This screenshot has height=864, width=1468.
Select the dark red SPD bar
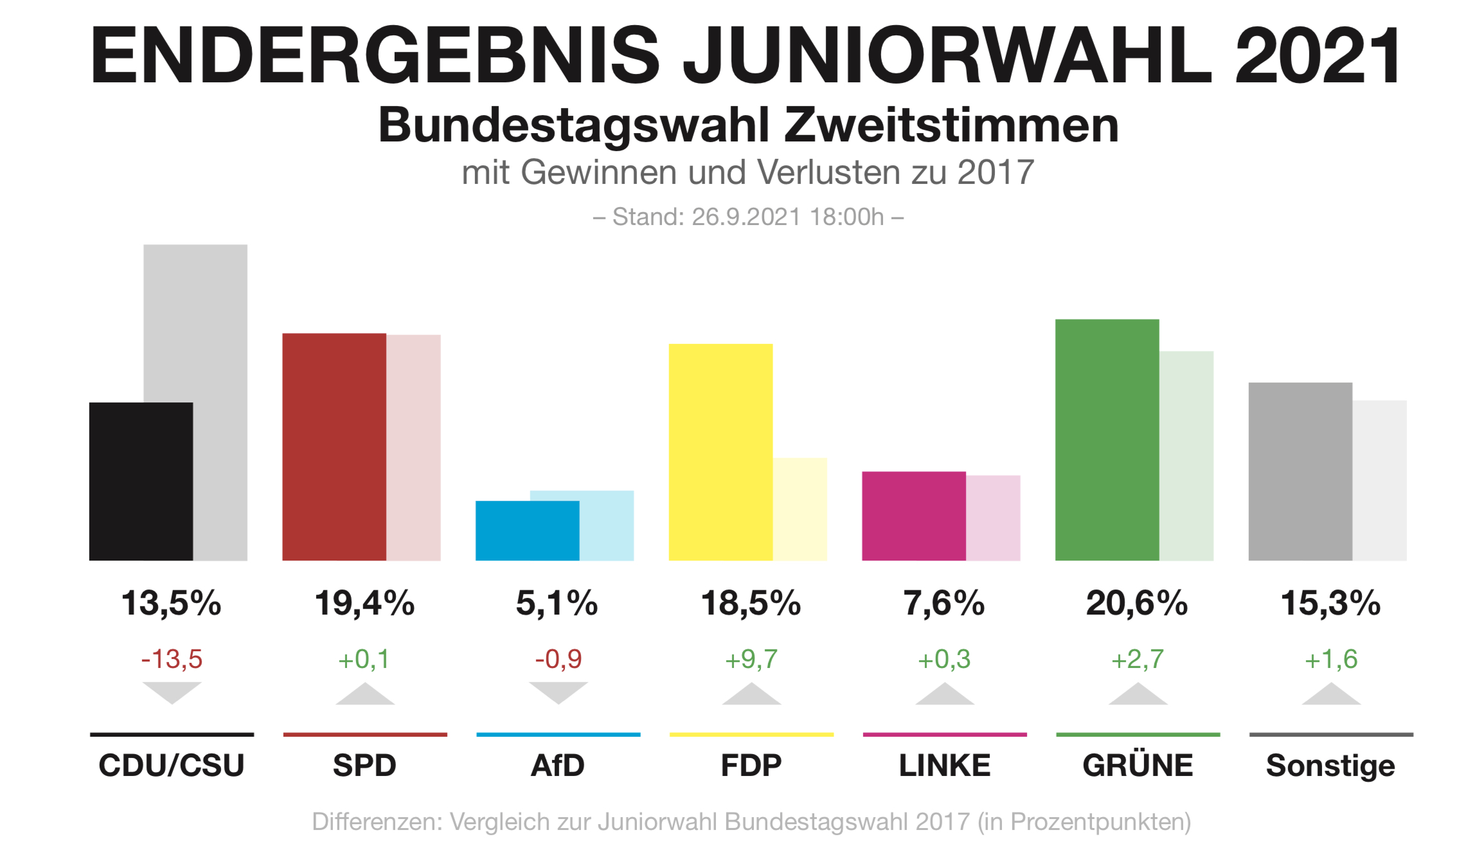click(x=334, y=446)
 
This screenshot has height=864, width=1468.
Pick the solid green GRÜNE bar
click(x=1107, y=440)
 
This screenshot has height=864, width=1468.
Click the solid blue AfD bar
click(x=527, y=530)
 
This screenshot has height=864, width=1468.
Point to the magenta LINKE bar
click(x=913, y=516)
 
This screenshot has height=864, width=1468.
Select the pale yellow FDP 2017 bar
click(x=800, y=509)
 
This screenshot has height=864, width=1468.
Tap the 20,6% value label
click(x=1136, y=603)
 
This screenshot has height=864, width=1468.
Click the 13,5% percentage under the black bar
click(x=171, y=603)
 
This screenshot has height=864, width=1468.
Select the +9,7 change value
click(x=751, y=659)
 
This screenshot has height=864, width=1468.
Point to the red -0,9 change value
click(x=558, y=659)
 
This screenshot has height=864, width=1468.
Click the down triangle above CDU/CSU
click(x=172, y=692)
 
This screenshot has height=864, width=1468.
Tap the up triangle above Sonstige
click(x=1330, y=695)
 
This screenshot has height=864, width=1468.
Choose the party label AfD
click(x=558, y=765)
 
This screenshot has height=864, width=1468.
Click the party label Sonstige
click(x=1330, y=765)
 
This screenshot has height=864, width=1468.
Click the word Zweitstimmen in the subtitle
click(x=951, y=125)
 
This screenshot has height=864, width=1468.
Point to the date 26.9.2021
click(x=746, y=217)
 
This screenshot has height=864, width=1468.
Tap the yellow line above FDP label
click(x=751, y=734)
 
